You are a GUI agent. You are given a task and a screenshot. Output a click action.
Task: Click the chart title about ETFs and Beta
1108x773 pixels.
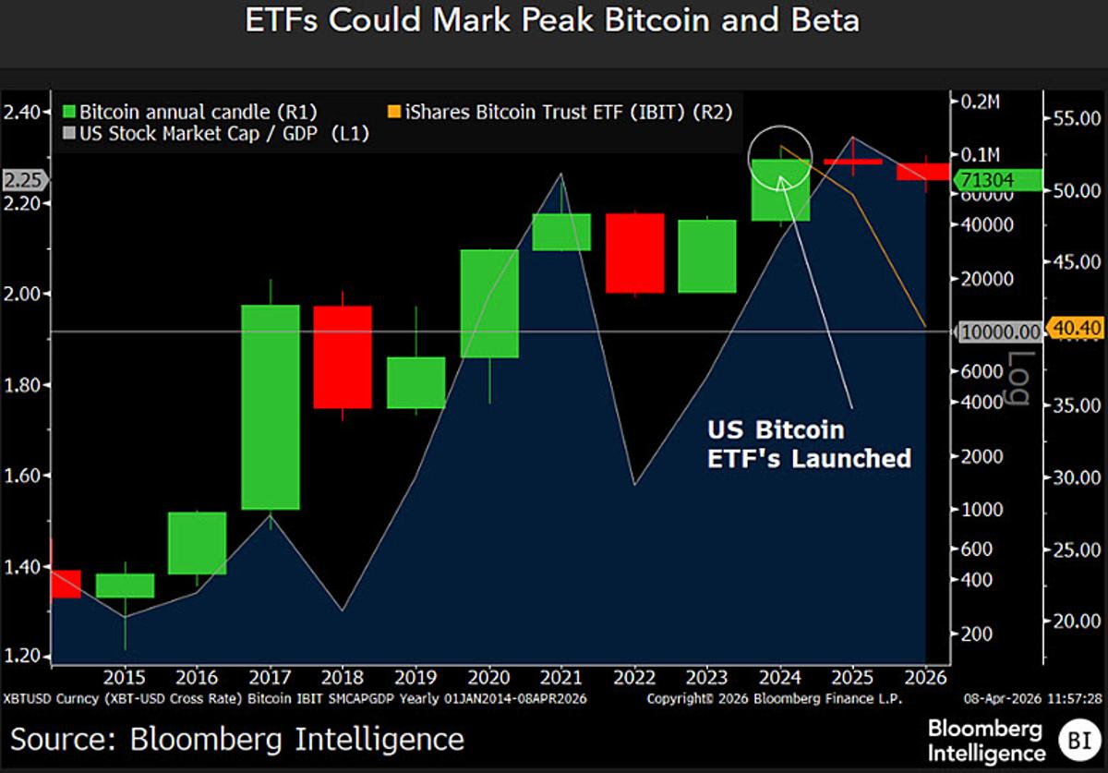[552, 21]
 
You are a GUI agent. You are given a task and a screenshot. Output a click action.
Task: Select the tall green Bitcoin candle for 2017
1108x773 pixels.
[270, 406]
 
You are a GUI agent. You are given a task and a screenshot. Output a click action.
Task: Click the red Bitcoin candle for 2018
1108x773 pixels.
[343, 356]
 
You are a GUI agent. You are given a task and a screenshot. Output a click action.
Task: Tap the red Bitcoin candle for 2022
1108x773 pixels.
[634, 253]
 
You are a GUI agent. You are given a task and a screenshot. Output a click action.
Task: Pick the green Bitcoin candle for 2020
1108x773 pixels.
[488, 303]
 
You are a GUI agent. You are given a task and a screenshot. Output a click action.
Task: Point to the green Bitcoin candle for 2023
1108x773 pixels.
[707, 256]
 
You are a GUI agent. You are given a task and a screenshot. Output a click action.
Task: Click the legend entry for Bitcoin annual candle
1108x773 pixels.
[188, 112]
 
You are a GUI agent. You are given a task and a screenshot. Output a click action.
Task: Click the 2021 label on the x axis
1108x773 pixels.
[561, 677]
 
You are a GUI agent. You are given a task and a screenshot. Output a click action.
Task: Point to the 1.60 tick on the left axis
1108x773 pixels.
[25, 476]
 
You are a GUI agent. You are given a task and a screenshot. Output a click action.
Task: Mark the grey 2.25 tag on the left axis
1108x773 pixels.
[23, 180]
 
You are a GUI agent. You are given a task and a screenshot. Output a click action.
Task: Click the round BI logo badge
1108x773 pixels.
[1074, 738]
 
